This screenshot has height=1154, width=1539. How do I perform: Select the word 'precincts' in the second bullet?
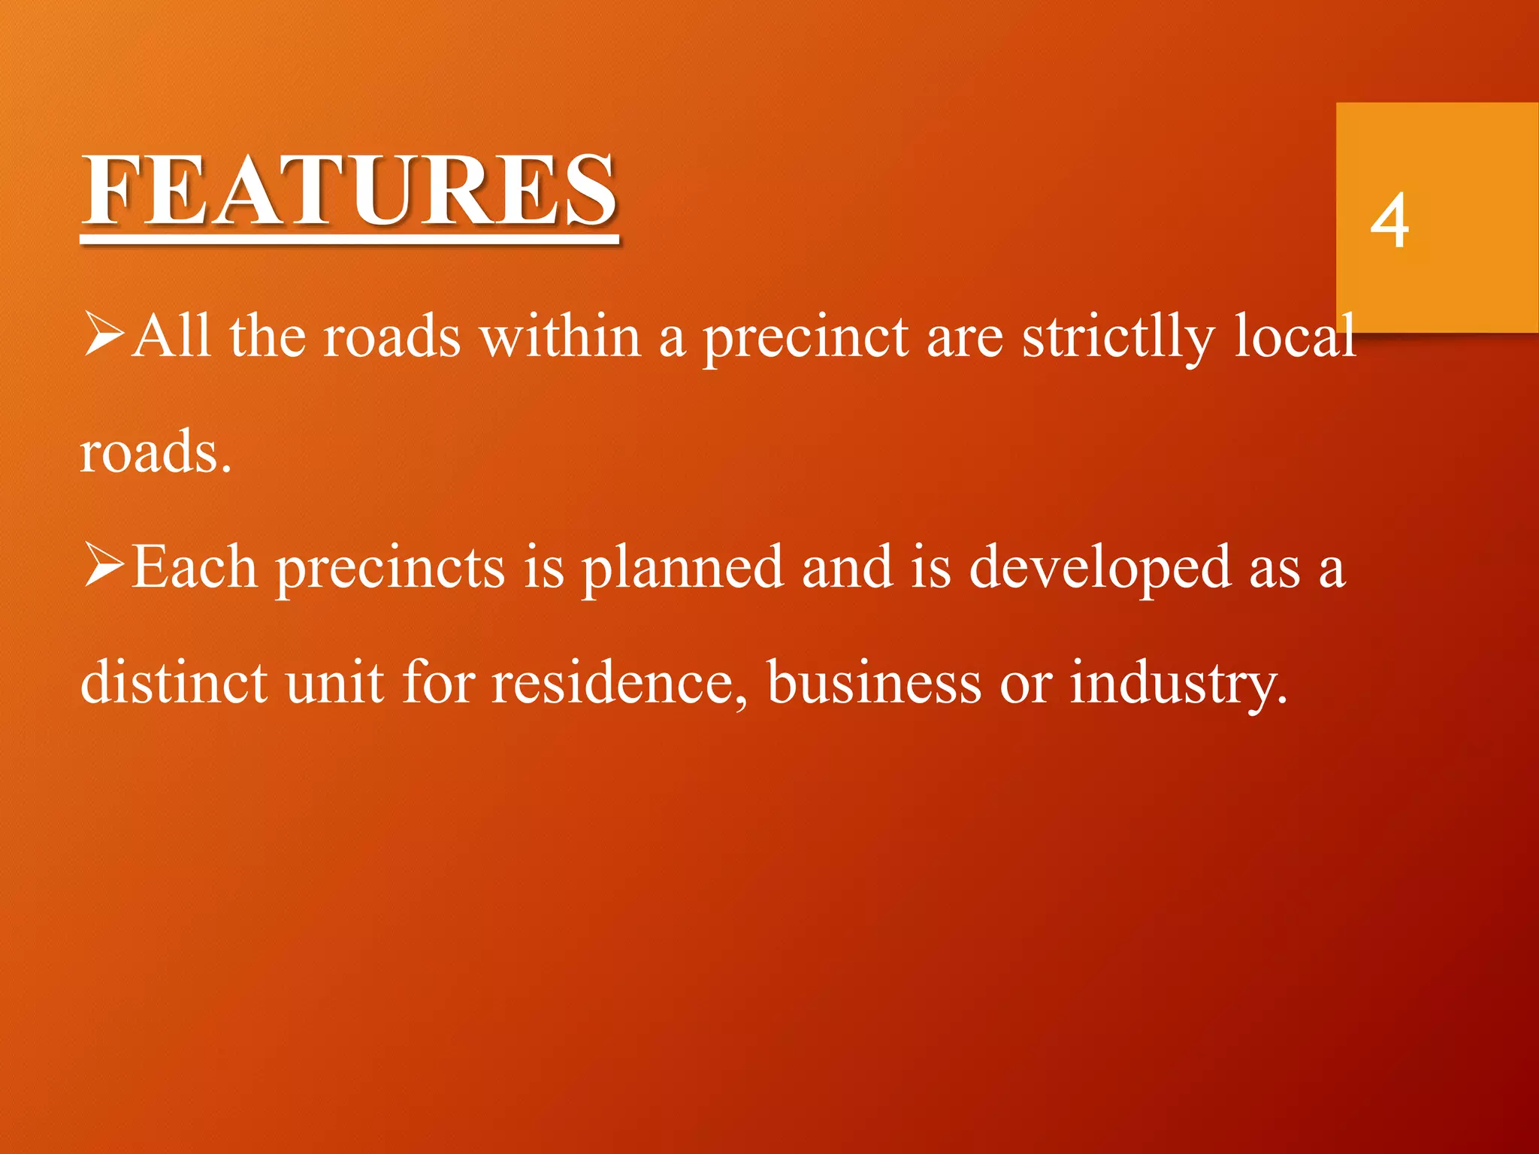pyautogui.click(x=391, y=569)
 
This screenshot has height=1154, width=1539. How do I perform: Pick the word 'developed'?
pyautogui.click(x=1100, y=569)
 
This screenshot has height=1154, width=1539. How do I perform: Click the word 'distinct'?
pyautogui.click(x=174, y=682)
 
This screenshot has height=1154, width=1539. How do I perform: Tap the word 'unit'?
pyautogui.click(x=334, y=682)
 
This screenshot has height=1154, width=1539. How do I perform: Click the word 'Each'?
pyautogui.click(x=194, y=568)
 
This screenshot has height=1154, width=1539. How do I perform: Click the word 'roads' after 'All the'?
pyautogui.click(x=391, y=338)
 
